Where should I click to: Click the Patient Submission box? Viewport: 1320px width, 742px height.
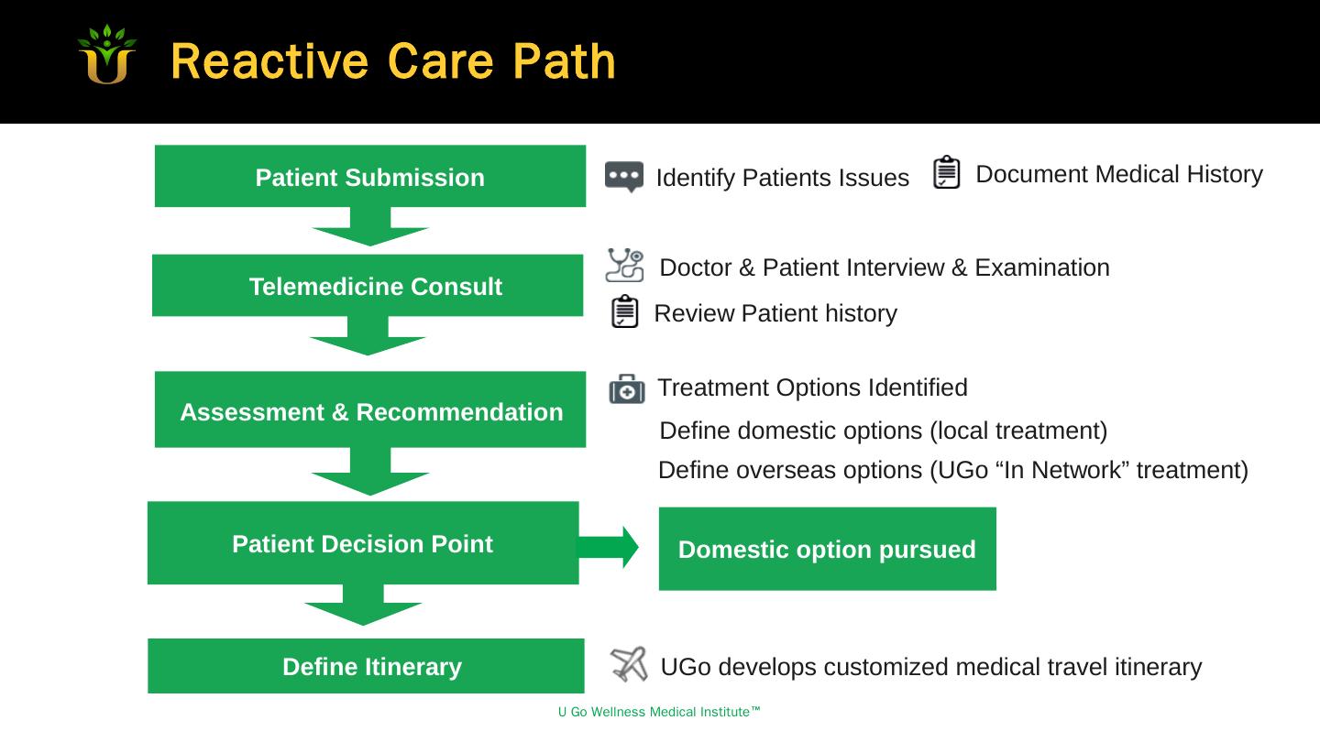click(369, 176)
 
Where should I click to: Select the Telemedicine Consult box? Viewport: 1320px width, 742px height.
click(368, 286)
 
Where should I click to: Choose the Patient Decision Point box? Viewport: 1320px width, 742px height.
click(363, 543)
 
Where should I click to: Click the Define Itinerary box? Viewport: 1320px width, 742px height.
click(366, 666)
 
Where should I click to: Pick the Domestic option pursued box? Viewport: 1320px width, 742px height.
click(827, 549)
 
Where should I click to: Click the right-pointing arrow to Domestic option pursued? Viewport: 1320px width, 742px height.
click(609, 548)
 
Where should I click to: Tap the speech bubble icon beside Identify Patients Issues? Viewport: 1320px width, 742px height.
click(624, 176)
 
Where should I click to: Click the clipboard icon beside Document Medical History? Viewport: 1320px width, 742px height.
click(947, 172)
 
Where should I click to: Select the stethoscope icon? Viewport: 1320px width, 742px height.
click(625, 265)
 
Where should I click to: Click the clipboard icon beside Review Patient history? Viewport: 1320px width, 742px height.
click(624, 311)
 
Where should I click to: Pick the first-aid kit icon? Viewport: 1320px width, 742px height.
click(627, 389)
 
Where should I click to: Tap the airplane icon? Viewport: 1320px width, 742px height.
click(629, 664)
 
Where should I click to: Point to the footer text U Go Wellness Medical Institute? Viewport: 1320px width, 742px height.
click(659, 713)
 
